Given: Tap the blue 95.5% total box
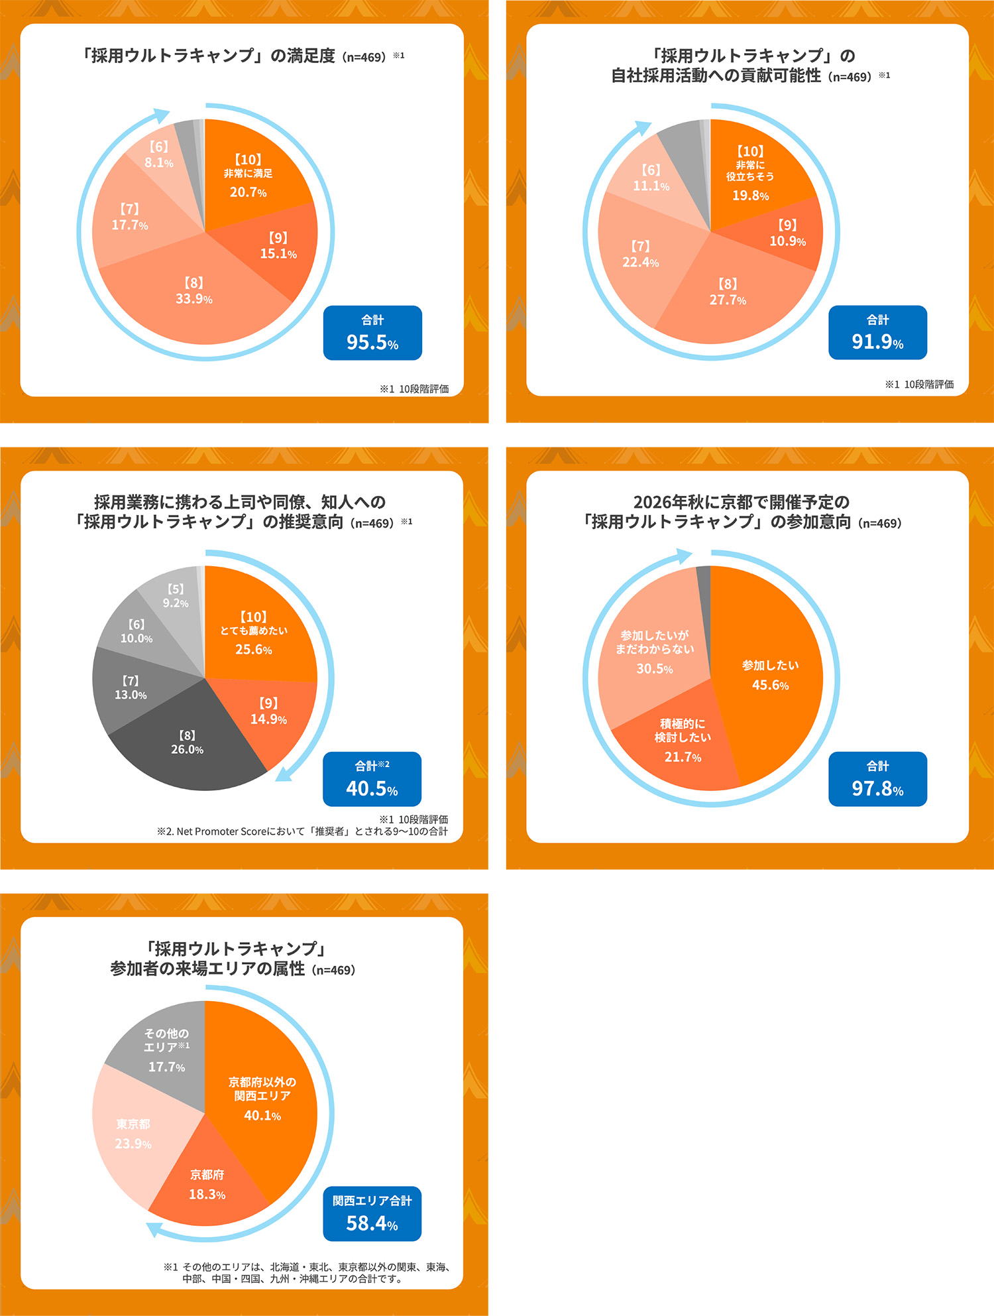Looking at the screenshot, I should tap(372, 333).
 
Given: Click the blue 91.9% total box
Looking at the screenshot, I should tap(877, 333).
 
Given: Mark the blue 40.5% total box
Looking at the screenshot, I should tap(372, 779).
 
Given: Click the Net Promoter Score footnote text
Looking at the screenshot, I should tap(302, 831).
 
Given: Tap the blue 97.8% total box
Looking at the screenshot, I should tap(877, 779).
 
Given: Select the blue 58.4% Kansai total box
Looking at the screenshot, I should tap(372, 1213).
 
